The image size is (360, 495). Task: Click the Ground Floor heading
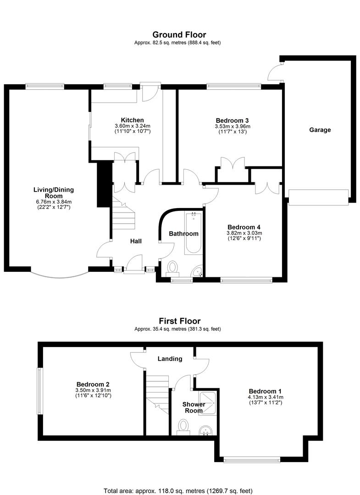179,34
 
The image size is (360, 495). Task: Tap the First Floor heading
179,321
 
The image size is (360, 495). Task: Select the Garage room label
320,130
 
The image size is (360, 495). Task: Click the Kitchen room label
133,120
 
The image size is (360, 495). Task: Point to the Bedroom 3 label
232,120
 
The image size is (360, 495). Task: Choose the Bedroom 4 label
244,227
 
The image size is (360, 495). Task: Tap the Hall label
136,241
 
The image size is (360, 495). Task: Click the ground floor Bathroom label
183,234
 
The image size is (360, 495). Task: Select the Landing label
170,358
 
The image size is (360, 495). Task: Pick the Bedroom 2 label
93,384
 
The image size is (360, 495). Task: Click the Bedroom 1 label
265,391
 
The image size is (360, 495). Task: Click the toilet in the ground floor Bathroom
172,268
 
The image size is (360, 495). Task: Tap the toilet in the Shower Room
183,426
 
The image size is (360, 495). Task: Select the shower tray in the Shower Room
207,403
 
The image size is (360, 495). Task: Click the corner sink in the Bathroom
198,272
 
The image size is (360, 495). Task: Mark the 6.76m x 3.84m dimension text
53,202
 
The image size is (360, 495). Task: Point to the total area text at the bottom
178,491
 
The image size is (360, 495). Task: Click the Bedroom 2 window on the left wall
39,391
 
